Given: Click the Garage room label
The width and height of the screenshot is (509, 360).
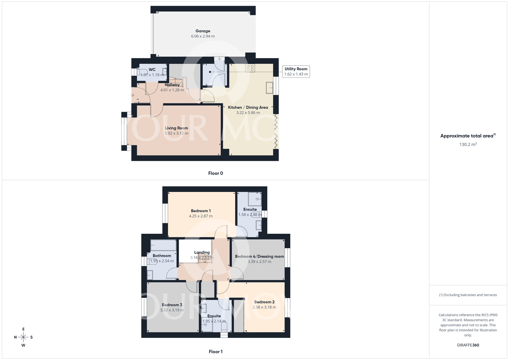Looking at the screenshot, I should pos(203,31).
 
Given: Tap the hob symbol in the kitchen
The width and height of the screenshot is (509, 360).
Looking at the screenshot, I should pos(250,68).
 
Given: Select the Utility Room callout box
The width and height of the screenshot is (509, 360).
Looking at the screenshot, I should pos(296,72).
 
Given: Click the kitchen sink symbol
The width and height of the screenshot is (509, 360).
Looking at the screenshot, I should pos(270,88).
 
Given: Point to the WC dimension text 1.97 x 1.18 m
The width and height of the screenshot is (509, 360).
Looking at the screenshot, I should pos(152,75).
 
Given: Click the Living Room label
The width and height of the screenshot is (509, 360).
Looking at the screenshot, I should pos(176,128).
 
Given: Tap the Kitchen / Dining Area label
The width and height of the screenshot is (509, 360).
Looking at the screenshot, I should pos(248,107).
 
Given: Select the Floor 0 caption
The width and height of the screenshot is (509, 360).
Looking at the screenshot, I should pos(216,173).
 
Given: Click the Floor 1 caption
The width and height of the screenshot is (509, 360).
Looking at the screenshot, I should pos(216,352).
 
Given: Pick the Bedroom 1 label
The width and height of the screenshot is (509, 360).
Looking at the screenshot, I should pos(201,211).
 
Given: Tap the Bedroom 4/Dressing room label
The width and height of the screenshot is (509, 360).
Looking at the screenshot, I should pos(259,256).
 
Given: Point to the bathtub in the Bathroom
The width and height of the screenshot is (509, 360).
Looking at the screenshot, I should pos(163,245).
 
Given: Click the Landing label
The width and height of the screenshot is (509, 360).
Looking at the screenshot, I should pos(202,252).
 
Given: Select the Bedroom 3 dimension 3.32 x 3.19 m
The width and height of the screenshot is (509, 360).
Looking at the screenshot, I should pos(172,310).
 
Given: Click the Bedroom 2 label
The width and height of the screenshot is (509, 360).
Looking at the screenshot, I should pos(264,302).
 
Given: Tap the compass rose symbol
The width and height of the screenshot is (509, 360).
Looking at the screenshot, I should pos(23,337).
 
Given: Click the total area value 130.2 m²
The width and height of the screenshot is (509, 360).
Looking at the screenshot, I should pos(468,144).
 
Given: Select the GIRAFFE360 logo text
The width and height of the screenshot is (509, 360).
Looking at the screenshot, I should pos(468,345).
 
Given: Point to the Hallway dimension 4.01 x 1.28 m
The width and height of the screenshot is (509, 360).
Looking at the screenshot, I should pos(172,90).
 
